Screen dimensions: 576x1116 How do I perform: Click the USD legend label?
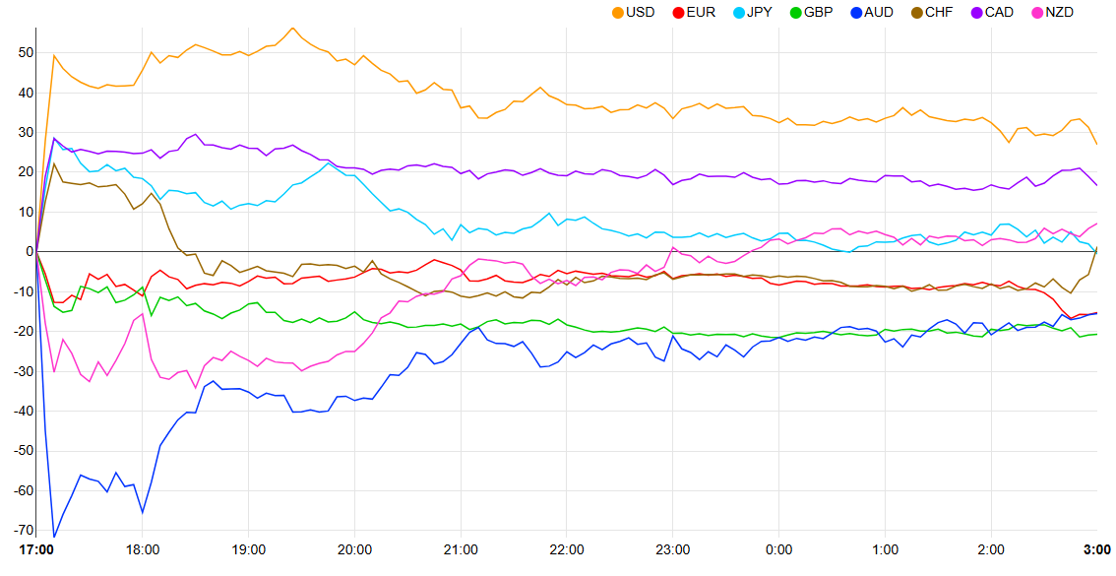coord(640,12)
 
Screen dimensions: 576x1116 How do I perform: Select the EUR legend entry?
coord(701,12)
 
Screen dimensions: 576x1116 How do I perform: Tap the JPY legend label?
coord(759,12)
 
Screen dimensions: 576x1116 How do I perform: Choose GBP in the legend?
coord(818,12)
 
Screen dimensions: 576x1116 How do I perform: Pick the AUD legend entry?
coord(878,12)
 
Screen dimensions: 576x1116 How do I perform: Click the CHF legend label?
coord(939,12)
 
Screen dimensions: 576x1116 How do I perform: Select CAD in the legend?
coord(999,12)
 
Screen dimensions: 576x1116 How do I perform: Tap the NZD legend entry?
coord(1059,12)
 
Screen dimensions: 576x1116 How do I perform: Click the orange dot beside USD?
coord(618,12)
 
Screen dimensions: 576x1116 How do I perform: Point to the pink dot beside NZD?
coord(1037,12)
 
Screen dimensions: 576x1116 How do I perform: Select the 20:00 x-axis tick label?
coord(354,549)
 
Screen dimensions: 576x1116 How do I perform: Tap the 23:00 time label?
coord(673,549)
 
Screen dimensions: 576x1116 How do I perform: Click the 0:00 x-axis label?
coord(779,549)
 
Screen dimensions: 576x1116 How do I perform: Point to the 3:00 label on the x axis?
coord(1096,549)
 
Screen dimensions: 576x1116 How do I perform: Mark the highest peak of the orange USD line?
coord(293,28)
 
